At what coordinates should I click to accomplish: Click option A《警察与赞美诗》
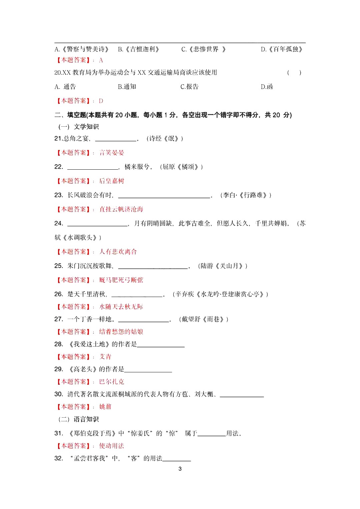point(82,49)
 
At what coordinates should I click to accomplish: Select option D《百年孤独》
point(282,49)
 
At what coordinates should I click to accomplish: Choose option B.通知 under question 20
point(127,87)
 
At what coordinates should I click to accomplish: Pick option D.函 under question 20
point(267,87)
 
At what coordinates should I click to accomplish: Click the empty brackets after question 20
point(294,73)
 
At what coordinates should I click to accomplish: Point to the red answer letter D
point(101,101)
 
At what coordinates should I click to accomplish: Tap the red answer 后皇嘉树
point(112,181)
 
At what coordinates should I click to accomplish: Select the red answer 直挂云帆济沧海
point(121,209)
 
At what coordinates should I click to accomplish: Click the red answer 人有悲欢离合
point(118,252)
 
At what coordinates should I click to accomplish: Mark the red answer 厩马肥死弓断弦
point(121,280)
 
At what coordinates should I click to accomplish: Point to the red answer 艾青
point(105,357)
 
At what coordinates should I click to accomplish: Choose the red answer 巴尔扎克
point(112,382)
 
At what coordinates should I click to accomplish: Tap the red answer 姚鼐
point(105,407)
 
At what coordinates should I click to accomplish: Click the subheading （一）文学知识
point(79,127)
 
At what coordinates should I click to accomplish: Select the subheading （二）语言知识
point(79,419)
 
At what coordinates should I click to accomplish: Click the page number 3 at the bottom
point(180,469)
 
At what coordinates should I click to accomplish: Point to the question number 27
point(59,319)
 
